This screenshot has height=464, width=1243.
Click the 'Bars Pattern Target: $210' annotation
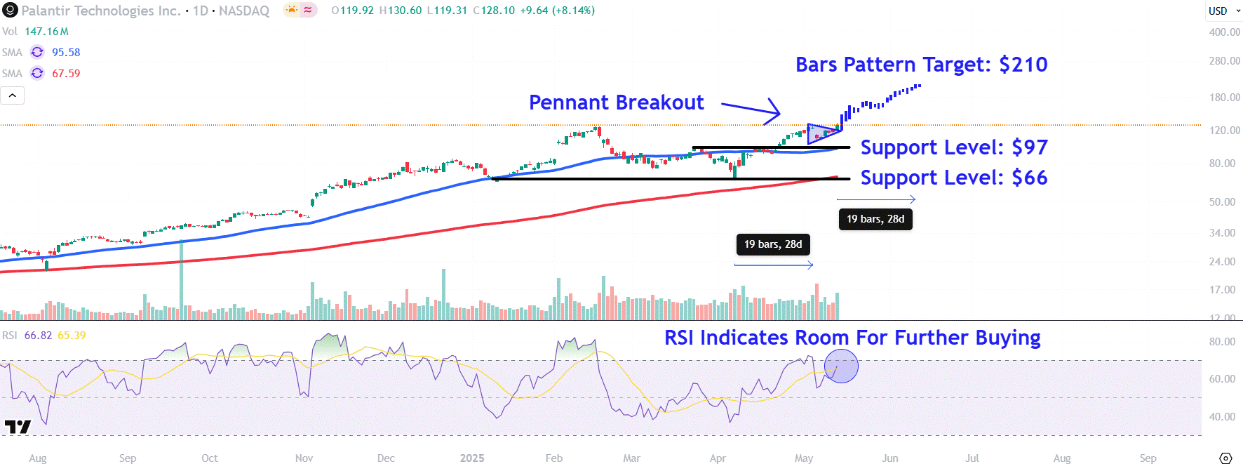point(921,65)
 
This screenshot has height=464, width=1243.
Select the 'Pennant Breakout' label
point(616,102)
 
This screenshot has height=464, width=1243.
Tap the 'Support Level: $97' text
point(953,147)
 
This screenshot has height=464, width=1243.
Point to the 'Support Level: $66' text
point(953,178)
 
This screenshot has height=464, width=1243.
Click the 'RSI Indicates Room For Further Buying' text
point(852,338)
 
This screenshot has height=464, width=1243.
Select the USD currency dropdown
point(1222,11)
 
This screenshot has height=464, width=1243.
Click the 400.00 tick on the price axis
point(1224,32)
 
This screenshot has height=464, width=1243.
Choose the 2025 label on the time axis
point(472,458)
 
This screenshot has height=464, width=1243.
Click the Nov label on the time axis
point(304,458)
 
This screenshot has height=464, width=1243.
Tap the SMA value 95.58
point(66,53)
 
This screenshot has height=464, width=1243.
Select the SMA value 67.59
point(66,74)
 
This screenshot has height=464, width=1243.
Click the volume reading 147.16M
point(46,32)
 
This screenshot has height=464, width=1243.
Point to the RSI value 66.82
point(38,336)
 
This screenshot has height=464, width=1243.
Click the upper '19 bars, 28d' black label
point(875,219)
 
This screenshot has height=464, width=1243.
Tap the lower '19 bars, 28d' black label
point(773,244)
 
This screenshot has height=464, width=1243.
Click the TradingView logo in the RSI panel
point(18,426)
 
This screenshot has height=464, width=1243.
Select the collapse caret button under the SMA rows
point(13,95)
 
